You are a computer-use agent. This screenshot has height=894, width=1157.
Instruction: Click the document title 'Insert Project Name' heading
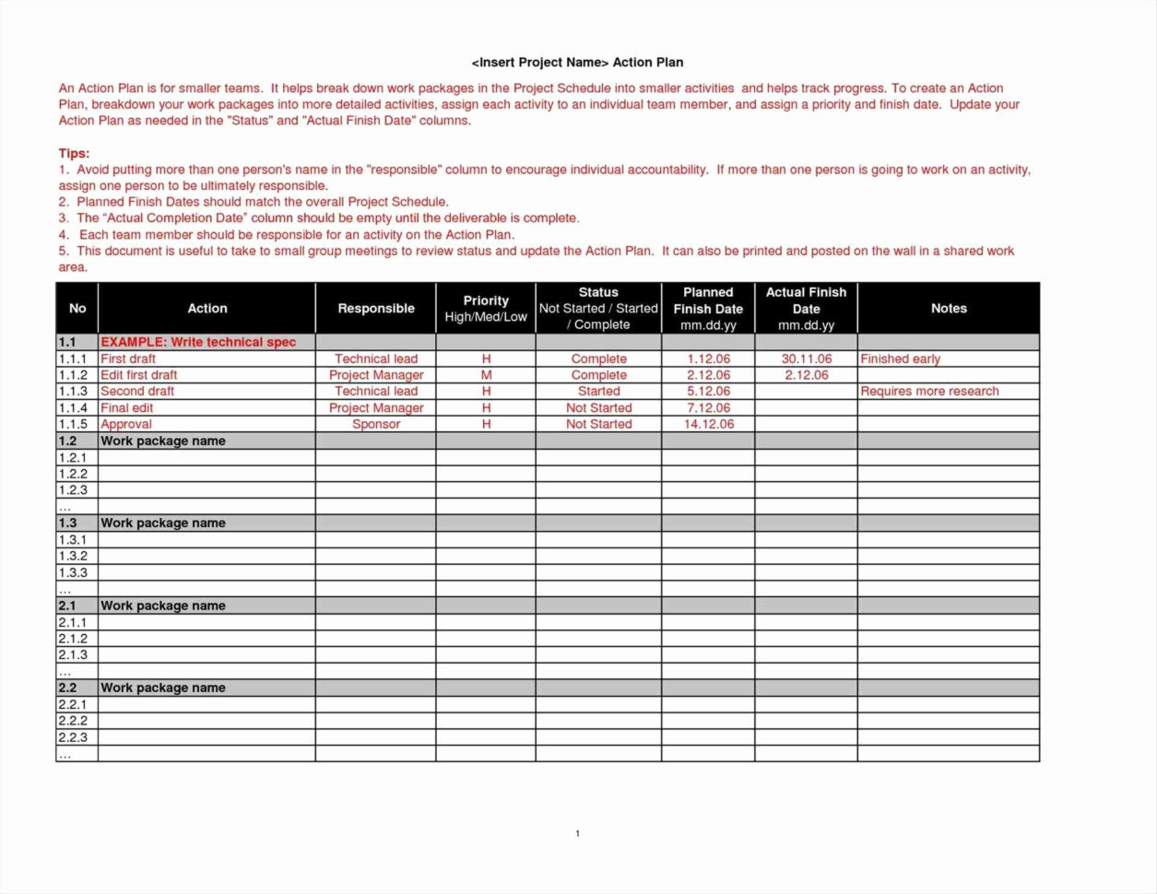click(x=577, y=63)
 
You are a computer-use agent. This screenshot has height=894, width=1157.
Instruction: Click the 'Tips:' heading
click(x=74, y=154)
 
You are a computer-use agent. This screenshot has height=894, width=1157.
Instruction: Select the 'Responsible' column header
click(x=375, y=309)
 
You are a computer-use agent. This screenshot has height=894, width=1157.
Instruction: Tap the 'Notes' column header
click(x=948, y=309)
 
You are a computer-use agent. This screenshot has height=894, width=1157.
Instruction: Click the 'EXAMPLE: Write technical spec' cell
click(x=198, y=342)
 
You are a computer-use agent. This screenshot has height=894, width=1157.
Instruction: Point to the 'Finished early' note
click(x=900, y=359)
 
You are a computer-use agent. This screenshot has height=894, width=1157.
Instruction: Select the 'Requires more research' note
click(x=929, y=391)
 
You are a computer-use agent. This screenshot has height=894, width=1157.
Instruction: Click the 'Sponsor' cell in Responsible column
click(x=376, y=424)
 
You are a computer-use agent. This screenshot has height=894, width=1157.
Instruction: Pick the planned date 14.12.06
click(x=708, y=424)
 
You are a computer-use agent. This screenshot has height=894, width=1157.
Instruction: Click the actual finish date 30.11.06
click(x=806, y=359)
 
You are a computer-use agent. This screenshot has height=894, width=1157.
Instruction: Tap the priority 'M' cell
click(x=486, y=375)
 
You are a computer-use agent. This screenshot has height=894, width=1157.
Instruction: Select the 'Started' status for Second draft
click(x=598, y=391)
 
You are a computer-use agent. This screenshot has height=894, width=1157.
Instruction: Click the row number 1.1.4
click(x=73, y=407)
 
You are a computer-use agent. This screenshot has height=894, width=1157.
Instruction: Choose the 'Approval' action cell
click(x=126, y=424)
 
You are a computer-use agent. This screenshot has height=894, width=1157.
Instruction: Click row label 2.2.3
click(x=73, y=737)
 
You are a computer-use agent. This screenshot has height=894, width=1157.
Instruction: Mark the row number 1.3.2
click(x=73, y=556)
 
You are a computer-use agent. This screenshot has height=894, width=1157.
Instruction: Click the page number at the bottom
click(x=577, y=833)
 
